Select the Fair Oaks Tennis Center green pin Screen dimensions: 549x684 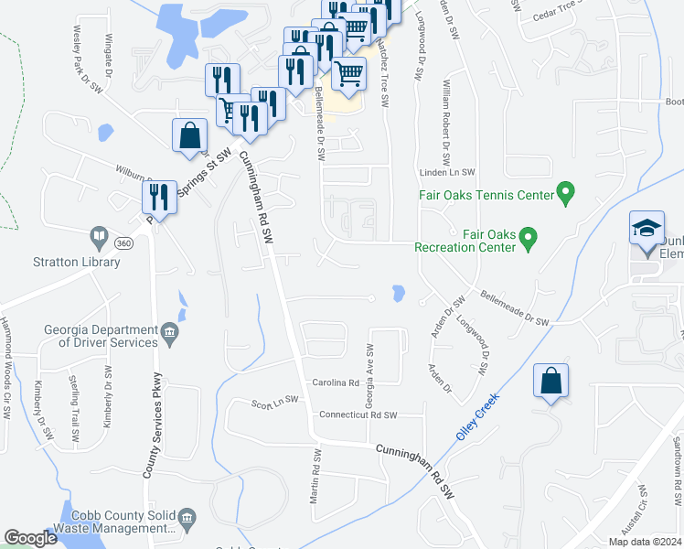(x=566, y=194)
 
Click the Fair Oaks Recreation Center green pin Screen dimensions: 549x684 (x=528, y=241)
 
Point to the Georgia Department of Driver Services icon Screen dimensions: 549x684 (x=170, y=336)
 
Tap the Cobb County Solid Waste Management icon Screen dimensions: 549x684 (x=187, y=521)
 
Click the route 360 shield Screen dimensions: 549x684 (x=125, y=243)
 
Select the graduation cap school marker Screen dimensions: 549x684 (x=647, y=228)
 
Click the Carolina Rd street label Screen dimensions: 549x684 (x=338, y=382)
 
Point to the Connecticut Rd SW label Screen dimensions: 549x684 (x=358, y=414)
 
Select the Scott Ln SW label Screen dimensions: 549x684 (x=275, y=400)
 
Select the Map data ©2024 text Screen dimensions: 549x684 (x=642, y=542)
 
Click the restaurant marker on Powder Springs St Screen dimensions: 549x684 (x=160, y=198)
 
